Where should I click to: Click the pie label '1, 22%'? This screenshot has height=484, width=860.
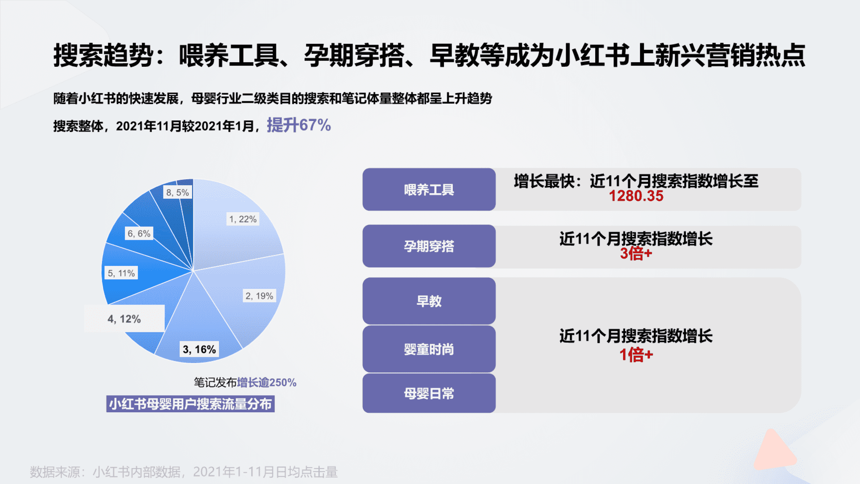pyautogui.click(x=243, y=219)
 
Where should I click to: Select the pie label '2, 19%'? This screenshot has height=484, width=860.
pyautogui.click(x=259, y=296)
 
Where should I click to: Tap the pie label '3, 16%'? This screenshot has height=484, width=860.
pyautogui.click(x=199, y=350)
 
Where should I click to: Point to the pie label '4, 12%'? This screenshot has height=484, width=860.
pyautogui.click(x=124, y=319)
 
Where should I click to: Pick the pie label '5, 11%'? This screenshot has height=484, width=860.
pyautogui.click(x=121, y=273)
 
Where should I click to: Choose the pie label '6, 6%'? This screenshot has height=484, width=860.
pyautogui.click(x=139, y=233)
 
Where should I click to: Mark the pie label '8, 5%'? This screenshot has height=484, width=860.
pyautogui.click(x=177, y=192)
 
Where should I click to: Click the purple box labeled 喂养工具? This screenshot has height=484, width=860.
pyautogui.click(x=429, y=190)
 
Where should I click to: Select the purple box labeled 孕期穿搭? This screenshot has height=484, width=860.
pyautogui.click(x=429, y=246)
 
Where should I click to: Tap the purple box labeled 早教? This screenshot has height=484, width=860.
pyautogui.click(x=429, y=301)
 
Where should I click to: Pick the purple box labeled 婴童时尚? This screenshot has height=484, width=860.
pyautogui.click(x=429, y=349)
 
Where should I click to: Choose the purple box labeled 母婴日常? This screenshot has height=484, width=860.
pyautogui.click(x=429, y=393)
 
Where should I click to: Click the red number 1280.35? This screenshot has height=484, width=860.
pyautogui.click(x=636, y=196)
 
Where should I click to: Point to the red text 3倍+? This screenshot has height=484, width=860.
pyautogui.click(x=636, y=254)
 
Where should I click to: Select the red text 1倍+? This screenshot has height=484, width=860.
pyautogui.click(x=636, y=354)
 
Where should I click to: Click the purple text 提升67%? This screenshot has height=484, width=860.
pyautogui.click(x=299, y=125)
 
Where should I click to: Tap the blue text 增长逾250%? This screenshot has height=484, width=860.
pyautogui.click(x=267, y=382)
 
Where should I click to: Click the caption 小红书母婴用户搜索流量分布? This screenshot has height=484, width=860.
pyautogui.click(x=190, y=404)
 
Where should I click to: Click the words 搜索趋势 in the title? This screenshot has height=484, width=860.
pyautogui.click(x=103, y=56)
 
